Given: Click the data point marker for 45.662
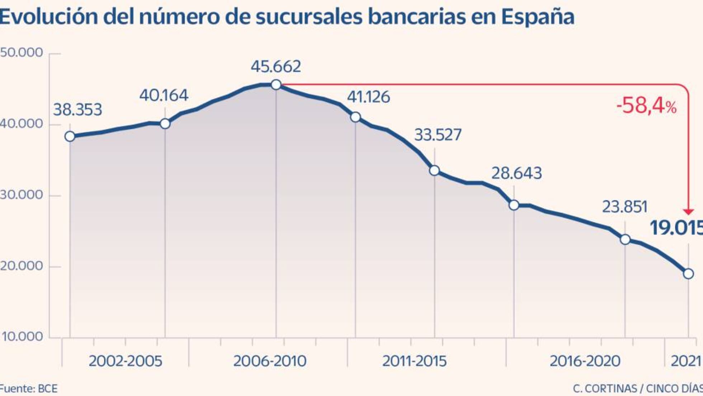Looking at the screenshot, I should [276, 85].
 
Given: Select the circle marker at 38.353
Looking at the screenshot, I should [70, 136].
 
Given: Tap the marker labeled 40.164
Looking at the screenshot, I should [165, 124].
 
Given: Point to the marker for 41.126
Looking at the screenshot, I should [355, 117].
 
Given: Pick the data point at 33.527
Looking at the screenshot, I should [434, 171].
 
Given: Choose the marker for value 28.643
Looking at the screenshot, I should [514, 205].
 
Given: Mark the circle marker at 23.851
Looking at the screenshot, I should [625, 239].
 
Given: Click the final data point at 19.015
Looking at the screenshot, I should [688, 274].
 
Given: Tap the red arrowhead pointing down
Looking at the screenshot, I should [688, 212].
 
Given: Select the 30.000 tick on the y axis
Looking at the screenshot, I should [22, 195].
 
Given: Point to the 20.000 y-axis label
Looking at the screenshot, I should [22, 266].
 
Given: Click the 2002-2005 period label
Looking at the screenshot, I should [126, 361].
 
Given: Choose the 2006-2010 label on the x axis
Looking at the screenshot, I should [270, 361].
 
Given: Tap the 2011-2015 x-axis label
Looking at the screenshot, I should [414, 361].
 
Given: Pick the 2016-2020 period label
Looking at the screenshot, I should [585, 361].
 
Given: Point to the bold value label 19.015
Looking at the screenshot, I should [676, 228].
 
